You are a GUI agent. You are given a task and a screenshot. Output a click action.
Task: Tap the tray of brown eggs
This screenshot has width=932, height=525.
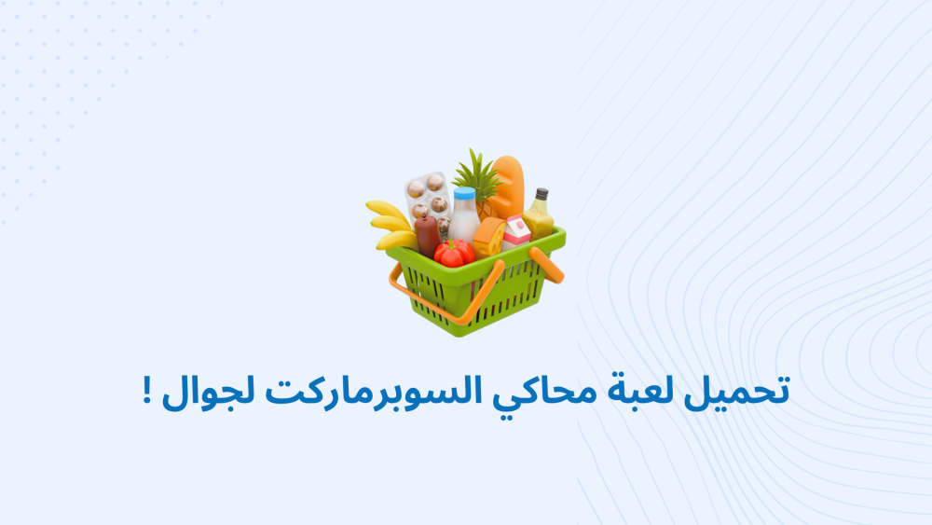[429, 200]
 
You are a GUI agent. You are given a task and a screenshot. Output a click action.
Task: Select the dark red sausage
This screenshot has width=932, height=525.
[427, 236]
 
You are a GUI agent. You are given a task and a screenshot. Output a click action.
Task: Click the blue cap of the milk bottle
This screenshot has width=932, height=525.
[464, 194]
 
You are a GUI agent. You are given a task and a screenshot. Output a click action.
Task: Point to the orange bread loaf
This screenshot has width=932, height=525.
[507, 187]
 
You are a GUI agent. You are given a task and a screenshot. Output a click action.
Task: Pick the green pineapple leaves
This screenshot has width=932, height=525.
[476, 174]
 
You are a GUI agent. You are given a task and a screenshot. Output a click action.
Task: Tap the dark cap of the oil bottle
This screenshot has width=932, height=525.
[541, 194]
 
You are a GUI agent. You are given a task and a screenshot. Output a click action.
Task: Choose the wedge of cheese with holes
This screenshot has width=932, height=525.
[489, 237]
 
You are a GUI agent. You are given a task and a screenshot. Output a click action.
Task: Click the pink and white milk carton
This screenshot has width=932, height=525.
[516, 232]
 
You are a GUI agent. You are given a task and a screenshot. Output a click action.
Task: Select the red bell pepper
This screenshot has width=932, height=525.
[454, 254]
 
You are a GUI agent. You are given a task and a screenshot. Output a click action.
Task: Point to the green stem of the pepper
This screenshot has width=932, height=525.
[455, 244]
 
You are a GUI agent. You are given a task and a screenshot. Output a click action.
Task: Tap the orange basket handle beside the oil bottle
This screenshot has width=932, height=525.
[546, 264]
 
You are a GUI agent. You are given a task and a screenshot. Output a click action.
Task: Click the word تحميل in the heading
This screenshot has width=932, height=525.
[736, 393]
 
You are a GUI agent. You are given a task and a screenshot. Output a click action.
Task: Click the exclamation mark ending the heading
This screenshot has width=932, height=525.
[147, 392]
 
